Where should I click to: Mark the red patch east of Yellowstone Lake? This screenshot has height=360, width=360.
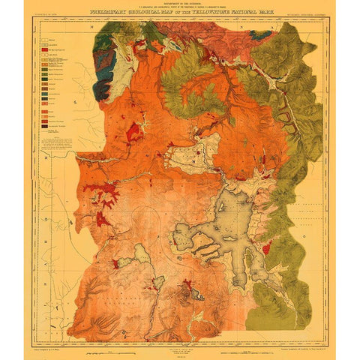coord(265,247)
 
